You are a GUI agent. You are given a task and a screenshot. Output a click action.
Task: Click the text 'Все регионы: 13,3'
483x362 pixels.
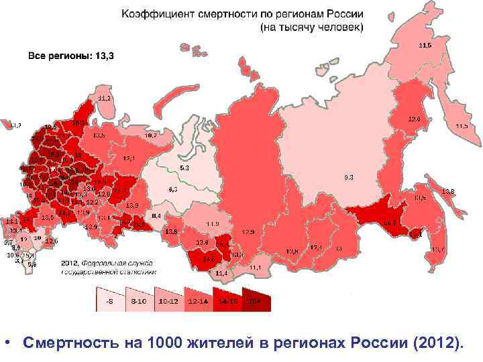[70, 56]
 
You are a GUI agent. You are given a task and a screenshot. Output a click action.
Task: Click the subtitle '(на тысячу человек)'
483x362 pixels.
[312, 28]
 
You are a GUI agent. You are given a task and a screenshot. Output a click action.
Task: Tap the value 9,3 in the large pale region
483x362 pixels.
[349, 177]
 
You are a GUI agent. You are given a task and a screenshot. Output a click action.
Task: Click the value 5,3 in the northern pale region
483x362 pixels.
[184, 167]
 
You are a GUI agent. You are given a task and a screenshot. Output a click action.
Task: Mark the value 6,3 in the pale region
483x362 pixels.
[173, 190]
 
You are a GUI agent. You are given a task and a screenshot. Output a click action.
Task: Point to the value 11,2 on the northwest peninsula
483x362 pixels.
[104, 98]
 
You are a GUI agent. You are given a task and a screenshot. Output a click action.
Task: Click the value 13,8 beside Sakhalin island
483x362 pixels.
[448, 191]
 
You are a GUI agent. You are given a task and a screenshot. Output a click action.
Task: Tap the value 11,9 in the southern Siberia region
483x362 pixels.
[212, 223]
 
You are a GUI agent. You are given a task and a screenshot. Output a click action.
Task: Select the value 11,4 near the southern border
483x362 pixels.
[221, 274]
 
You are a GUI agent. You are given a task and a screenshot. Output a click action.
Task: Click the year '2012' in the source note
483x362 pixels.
[70, 262]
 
